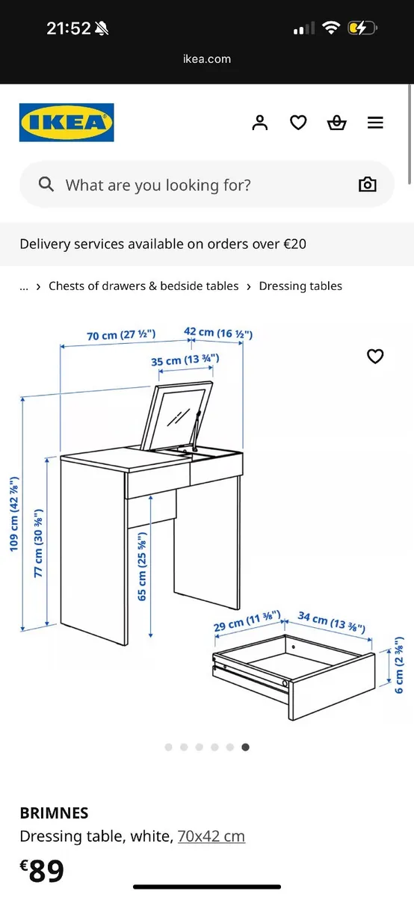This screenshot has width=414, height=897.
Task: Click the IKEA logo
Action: coord(67,123)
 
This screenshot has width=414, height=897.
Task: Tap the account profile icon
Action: coord(260,123)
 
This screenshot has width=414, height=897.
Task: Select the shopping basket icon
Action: coord(336,123)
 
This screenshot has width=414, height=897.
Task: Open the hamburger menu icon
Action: coord(375,123)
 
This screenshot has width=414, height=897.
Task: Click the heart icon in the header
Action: coord(298,123)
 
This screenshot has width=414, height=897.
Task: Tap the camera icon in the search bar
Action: coord(367,184)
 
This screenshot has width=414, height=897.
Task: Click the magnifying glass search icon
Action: coord(46,184)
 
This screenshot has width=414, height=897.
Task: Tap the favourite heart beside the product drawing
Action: coord(375,356)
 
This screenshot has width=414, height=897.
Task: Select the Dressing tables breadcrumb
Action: coord(300,286)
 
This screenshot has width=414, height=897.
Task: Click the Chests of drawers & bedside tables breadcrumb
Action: coord(143,286)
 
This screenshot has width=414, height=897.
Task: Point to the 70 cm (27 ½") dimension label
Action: coord(121,335)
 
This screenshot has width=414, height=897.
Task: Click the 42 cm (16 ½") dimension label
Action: coord(218,333)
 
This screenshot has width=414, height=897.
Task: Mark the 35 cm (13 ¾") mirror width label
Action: coord(185,360)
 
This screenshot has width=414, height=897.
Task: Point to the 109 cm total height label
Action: coord(14,514)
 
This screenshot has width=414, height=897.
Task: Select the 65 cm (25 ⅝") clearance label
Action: coord(142,566)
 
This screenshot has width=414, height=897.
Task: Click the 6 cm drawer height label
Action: coord(399,665)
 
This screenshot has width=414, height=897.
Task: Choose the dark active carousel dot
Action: coord(245,747)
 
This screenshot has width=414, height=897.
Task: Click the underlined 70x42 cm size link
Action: coord(211,836)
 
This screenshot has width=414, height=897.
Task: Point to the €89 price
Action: coord(42,870)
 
